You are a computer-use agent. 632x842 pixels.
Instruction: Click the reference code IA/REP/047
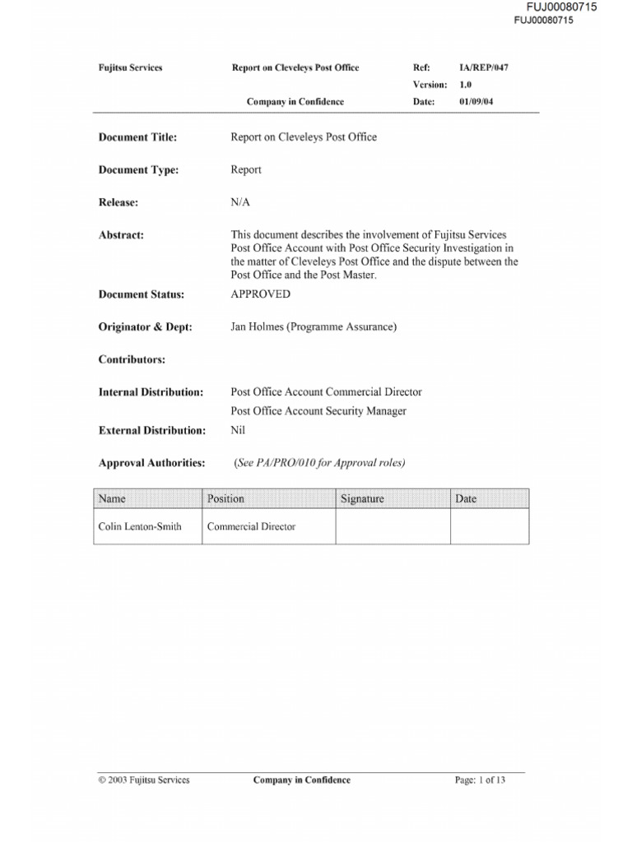point(483,67)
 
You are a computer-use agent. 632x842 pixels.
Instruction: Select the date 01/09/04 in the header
point(476,102)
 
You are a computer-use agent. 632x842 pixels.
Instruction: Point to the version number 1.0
point(465,85)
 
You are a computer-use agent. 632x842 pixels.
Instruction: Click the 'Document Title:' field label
point(137,137)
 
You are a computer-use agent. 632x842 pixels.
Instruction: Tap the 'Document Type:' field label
point(138,170)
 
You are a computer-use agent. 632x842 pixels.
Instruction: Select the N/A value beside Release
point(240,202)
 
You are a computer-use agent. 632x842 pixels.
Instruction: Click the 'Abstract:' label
point(121,235)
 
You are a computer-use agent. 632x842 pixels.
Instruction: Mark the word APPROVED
point(260,294)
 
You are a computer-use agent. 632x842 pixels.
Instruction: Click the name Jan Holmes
point(258,327)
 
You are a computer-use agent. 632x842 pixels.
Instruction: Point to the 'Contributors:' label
point(132,360)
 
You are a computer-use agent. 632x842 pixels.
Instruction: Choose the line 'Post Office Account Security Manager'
point(318,411)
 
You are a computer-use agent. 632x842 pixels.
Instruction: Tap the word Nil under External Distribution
point(238,430)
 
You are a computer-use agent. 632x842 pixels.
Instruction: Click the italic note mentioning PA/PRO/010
point(319,463)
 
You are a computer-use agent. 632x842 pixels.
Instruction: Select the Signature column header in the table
point(362,498)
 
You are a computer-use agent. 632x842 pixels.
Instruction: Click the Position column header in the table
point(225,498)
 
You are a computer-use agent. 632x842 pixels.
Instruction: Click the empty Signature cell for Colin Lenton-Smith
point(393,526)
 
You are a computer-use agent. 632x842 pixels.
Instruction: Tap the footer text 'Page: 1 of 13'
point(480,780)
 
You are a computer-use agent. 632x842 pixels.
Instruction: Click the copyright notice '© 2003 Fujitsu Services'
point(144,780)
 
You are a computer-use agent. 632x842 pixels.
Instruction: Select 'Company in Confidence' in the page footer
point(301,780)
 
